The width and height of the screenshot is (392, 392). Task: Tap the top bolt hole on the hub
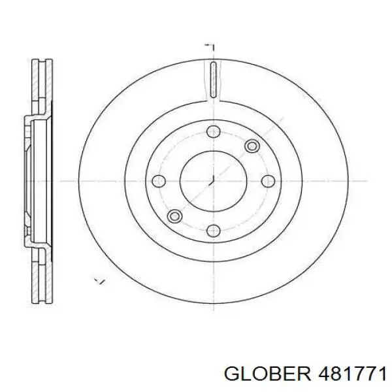[212, 132]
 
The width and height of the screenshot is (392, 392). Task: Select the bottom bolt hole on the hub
[212, 229]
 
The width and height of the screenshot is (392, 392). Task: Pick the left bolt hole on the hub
[156, 181]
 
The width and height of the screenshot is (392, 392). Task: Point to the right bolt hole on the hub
[267, 181]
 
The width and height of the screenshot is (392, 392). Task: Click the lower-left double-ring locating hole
[174, 216]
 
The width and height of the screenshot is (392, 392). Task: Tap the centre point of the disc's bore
[212, 181]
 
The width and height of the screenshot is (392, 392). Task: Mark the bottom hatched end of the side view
[42, 278]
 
